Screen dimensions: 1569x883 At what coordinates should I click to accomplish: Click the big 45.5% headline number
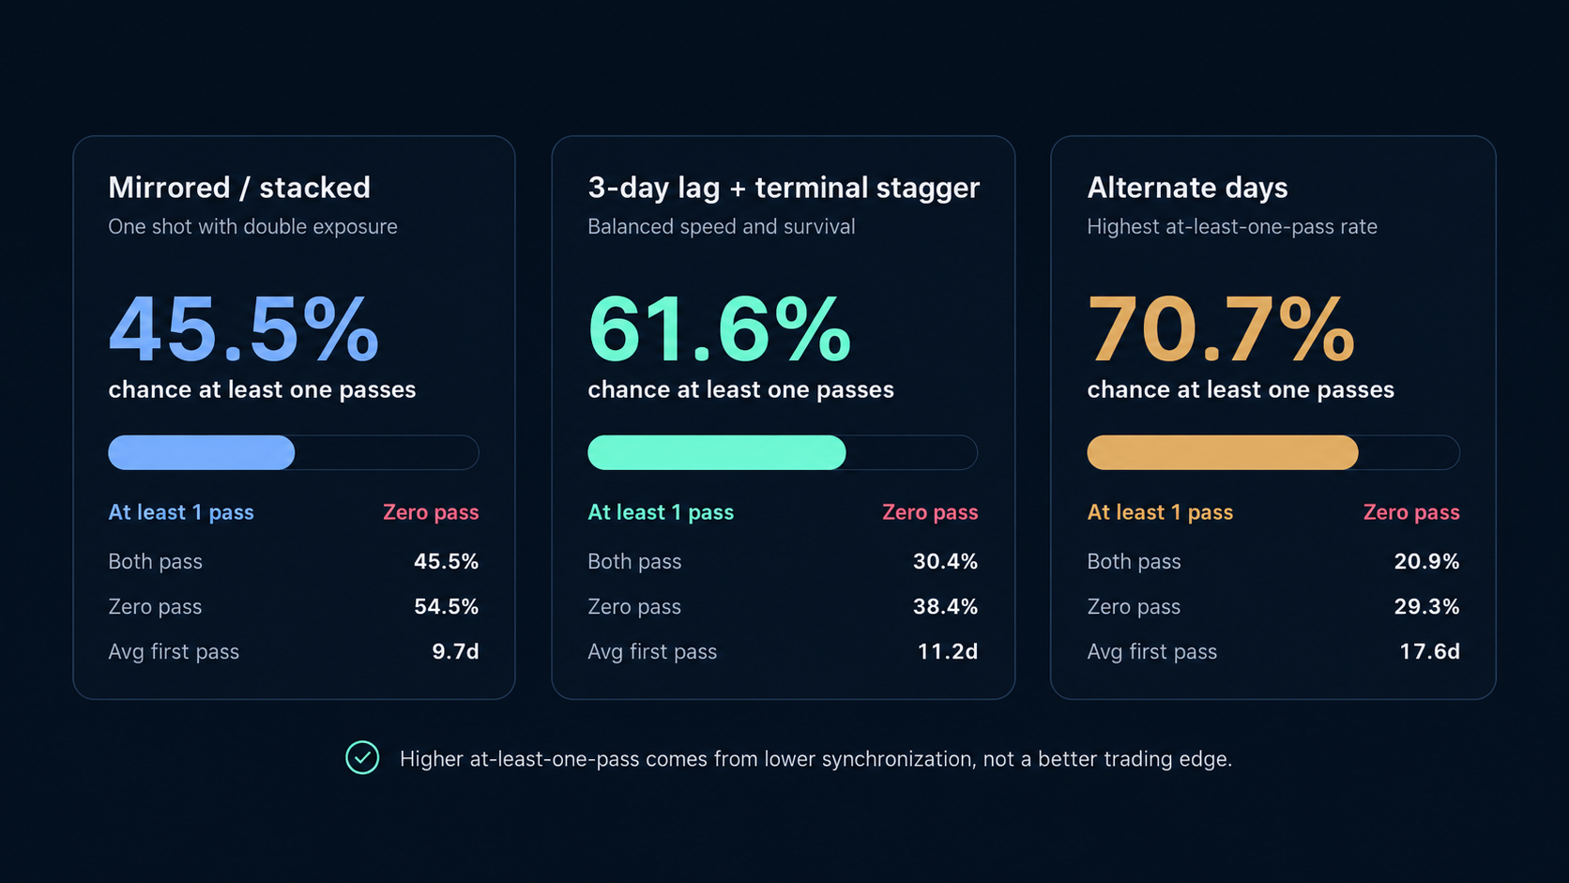coord(243,329)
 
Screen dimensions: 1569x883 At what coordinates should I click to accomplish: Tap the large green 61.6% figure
coord(720,329)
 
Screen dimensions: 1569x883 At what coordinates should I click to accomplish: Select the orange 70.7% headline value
coord(1221,329)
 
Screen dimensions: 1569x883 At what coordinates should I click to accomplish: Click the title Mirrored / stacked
coord(239,188)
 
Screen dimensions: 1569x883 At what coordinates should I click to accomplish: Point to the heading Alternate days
coord(1187,188)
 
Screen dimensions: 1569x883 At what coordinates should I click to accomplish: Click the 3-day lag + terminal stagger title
coord(784,188)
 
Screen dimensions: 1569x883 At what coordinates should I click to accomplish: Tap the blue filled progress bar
coord(201,452)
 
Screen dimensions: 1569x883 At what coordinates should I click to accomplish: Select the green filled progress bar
coord(717,452)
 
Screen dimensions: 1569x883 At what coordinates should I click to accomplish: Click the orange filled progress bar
coord(1223,452)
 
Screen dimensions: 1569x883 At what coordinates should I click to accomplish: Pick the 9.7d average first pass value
coord(455,652)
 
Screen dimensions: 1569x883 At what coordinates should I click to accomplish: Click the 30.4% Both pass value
coord(945,561)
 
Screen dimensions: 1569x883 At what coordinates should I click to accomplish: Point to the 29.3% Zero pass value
coord(1426,606)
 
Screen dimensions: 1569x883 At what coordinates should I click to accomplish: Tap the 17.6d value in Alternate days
coord(1429,652)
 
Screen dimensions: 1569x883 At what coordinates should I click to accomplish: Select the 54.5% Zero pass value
coord(446,606)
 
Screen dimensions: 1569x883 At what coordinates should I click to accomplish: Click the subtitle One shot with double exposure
coord(252,227)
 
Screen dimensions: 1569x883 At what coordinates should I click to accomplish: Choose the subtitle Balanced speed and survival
coord(721,227)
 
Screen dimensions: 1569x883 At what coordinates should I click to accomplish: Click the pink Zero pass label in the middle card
coord(930,512)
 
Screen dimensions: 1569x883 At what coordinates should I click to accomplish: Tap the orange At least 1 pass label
coord(1159,512)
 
